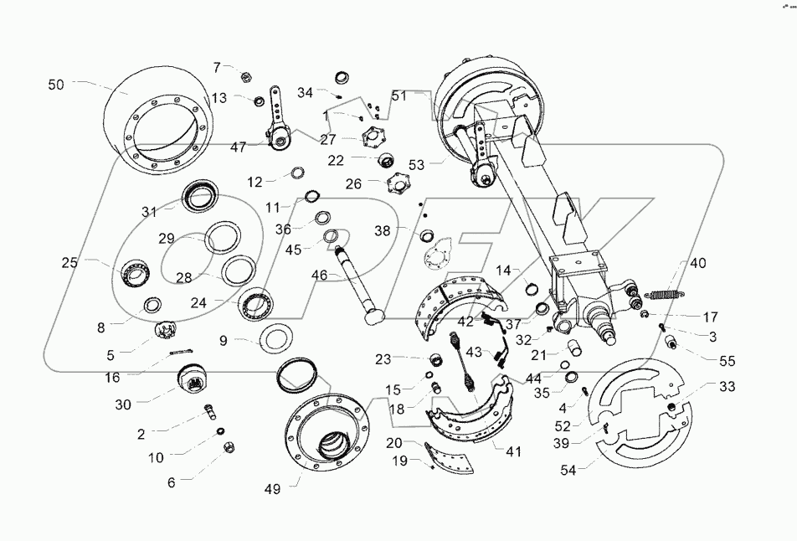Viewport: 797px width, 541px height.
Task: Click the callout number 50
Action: pos(55,85)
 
